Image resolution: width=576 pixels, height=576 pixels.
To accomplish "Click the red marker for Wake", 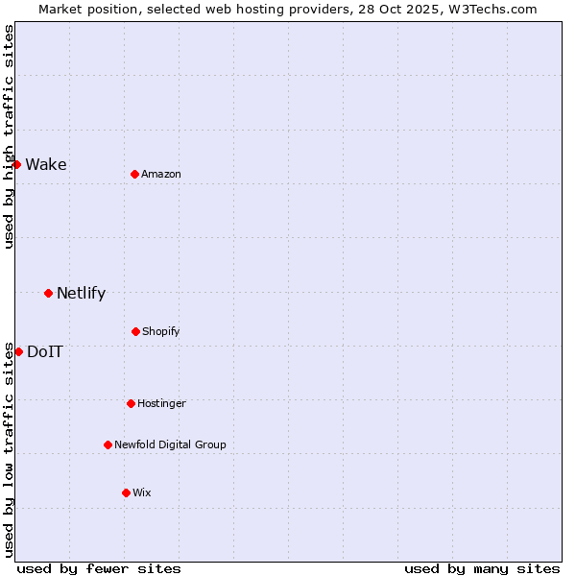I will point(16,164).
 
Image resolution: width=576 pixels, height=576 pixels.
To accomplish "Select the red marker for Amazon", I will point(134,174).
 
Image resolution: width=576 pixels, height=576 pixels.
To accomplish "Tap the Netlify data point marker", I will point(48,293).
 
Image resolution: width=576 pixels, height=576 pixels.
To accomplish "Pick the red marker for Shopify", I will point(135,331).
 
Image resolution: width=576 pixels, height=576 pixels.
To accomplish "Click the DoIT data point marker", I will point(18,351).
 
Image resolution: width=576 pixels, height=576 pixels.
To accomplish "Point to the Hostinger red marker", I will point(131,403).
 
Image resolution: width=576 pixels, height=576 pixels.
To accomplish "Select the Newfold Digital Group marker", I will point(108,444).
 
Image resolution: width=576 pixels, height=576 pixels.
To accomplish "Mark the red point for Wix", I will point(126,492).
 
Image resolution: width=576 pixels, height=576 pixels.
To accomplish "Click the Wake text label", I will point(46,164).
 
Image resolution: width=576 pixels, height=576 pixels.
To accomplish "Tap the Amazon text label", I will point(161,174).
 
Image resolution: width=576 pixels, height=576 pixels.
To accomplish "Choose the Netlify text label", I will point(81,293).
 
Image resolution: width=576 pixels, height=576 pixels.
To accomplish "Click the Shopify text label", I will point(161,331).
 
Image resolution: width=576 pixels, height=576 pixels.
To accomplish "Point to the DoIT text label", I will point(45,351).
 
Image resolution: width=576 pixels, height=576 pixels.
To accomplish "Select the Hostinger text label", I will point(161,403).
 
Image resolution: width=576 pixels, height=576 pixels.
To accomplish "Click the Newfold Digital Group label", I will point(170,444).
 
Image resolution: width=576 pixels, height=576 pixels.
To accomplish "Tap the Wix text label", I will point(142,492).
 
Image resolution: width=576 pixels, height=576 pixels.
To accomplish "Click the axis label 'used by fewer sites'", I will point(99,568).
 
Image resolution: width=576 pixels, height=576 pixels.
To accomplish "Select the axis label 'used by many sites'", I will point(482,568).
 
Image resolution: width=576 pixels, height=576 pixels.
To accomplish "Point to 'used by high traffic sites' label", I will point(9,136).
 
